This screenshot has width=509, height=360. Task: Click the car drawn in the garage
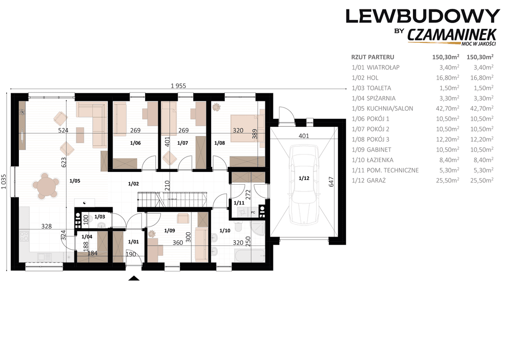[x=304, y=185]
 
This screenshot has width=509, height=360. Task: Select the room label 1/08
[x=220, y=143]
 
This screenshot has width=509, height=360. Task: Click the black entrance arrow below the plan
[x=134, y=278]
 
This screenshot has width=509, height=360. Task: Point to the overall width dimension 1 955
[x=178, y=86]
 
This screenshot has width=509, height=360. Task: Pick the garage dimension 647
[x=331, y=181]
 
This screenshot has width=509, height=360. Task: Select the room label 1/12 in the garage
[x=304, y=178]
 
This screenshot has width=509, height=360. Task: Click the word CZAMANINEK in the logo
[x=452, y=35]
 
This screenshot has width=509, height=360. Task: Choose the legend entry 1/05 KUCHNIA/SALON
[x=382, y=108]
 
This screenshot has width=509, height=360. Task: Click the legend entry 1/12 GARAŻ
[x=369, y=180]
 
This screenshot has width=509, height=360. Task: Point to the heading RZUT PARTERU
[x=373, y=57]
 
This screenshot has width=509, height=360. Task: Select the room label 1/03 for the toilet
[x=99, y=217]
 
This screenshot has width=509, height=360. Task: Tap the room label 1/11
[x=239, y=203]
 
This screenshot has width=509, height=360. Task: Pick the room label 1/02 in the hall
[x=133, y=184]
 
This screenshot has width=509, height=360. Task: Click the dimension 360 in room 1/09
[x=178, y=243]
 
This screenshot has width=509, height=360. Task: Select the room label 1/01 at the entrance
[x=133, y=242]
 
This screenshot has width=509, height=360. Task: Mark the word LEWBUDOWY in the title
[x=423, y=16]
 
